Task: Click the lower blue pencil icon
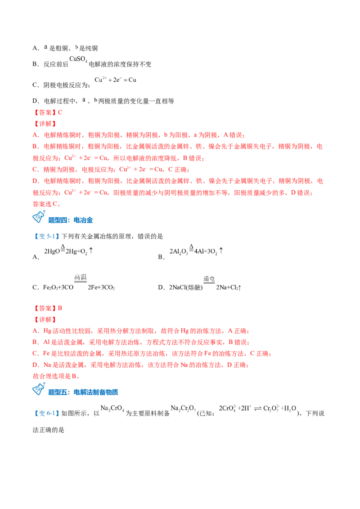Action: point(39,388)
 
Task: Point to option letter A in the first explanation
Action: point(35,134)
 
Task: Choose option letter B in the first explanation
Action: point(35,147)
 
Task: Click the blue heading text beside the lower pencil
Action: point(83,392)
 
